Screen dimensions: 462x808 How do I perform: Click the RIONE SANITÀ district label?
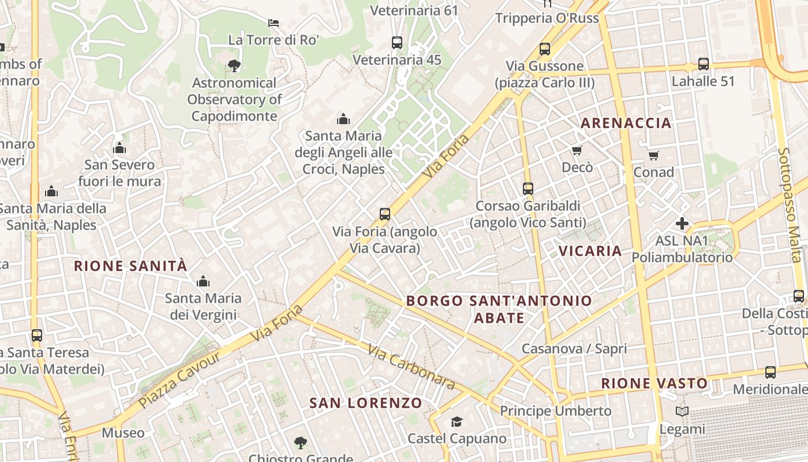click(x=130, y=266)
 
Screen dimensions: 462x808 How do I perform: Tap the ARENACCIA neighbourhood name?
click(x=626, y=122)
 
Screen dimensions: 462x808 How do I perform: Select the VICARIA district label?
click(x=590, y=251)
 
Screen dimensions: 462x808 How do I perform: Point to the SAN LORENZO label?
click(x=366, y=403)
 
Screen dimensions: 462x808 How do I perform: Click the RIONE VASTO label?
click(x=654, y=383)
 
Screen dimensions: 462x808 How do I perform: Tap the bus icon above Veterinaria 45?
click(x=396, y=42)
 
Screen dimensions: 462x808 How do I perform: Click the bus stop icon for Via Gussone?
click(x=544, y=49)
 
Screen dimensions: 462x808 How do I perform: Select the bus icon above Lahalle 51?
click(x=703, y=64)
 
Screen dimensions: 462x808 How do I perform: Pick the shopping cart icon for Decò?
click(x=577, y=151)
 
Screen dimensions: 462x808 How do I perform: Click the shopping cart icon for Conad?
click(x=653, y=155)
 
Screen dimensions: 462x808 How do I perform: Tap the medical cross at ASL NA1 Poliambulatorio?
click(x=682, y=223)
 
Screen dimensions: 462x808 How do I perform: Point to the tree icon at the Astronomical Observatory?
click(x=234, y=65)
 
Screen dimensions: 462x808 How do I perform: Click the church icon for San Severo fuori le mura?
click(x=119, y=148)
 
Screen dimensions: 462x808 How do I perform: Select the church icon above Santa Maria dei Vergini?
click(x=203, y=281)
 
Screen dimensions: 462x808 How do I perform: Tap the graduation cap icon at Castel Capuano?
click(x=457, y=422)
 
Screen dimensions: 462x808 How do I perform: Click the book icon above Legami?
click(x=682, y=411)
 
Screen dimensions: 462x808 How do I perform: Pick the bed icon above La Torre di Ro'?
click(x=274, y=23)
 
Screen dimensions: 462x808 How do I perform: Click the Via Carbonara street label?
click(x=410, y=368)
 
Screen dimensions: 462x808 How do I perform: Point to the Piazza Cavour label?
click(x=179, y=379)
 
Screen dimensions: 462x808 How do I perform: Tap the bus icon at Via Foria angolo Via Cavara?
click(x=385, y=214)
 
